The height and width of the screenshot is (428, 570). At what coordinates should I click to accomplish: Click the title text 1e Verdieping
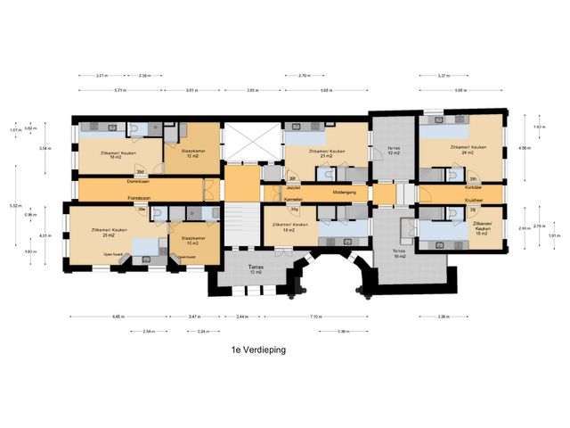click(257, 351)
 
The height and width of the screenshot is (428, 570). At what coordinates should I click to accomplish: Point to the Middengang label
click(345, 192)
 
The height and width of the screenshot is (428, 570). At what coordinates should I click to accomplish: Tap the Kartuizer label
click(473, 188)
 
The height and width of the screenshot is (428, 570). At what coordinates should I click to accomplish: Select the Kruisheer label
click(473, 201)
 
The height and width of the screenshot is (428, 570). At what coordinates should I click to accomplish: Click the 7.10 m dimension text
click(316, 317)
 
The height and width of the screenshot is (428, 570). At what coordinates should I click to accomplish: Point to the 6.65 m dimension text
click(118, 317)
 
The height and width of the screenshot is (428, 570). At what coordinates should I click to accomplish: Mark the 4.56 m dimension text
click(525, 148)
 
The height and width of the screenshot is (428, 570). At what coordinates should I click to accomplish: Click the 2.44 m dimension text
click(241, 317)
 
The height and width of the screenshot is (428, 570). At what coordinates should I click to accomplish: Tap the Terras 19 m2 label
click(397, 254)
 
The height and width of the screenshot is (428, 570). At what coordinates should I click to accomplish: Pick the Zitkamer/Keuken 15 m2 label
click(484, 227)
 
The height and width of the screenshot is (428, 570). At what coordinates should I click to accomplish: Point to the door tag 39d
click(140, 171)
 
